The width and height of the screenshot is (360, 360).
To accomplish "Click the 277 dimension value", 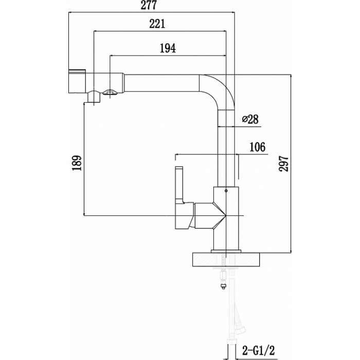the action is (x=149, y=5).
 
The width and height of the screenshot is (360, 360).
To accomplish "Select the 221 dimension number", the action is (x=157, y=24).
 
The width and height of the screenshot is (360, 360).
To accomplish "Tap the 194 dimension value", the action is (x=168, y=48).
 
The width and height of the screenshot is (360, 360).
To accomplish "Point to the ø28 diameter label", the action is (x=250, y=119).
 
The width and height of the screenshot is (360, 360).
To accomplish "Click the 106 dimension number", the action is (x=257, y=147).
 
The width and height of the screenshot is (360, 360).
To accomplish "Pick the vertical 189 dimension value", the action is (x=77, y=163).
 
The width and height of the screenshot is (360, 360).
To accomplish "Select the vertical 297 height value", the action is (x=283, y=164).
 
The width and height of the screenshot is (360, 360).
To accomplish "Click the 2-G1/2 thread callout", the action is (x=259, y=350).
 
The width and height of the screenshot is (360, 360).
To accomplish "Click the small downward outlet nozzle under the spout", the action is (x=94, y=97).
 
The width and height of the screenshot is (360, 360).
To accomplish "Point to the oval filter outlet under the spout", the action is (x=110, y=93).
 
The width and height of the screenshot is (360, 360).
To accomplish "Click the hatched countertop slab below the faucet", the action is (x=226, y=260).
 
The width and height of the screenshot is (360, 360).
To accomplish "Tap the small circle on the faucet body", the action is (x=226, y=191).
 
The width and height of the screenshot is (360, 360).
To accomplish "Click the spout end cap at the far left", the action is (x=77, y=81).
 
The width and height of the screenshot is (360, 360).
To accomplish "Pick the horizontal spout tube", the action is (x=161, y=83).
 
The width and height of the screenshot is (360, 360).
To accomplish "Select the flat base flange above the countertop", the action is (x=226, y=251).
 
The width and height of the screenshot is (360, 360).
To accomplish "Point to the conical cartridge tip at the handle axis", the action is (x=220, y=215).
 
